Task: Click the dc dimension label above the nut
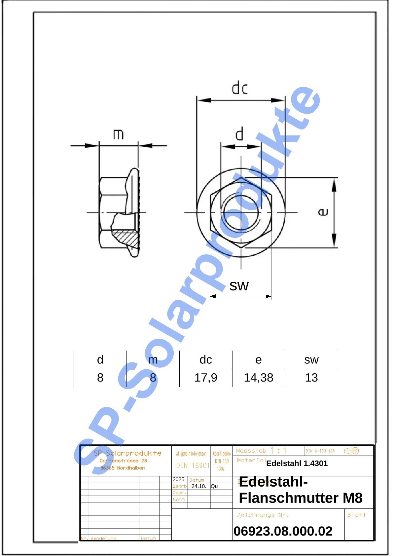tap(239, 89)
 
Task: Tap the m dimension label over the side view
tap(118, 134)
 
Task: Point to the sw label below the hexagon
tap(239, 285)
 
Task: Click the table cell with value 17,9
tap(206, 378)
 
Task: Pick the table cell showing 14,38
tap(259, 378)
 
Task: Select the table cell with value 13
tap(311, 378)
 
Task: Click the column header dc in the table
tap(206, 360)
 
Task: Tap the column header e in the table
tap(259, 360)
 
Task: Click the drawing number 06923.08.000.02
tap(283, 531)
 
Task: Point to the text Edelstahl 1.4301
tap(297, 463)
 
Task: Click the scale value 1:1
tap(278, 451)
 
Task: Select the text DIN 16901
tap(193, 465)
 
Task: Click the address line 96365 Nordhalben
tap(123, 468)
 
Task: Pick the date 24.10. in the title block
tap(198, 486)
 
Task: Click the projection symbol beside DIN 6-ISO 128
tap(351, 451)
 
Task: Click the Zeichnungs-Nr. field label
tap(263, 515)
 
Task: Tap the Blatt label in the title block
tap(356, 515)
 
